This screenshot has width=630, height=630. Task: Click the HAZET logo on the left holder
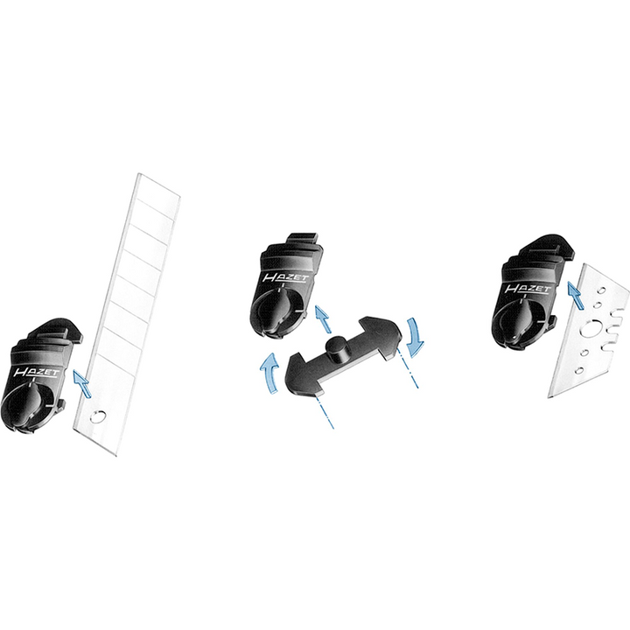pyautogui.click(x=36, y=372)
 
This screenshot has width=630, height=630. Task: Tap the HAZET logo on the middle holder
pyautogui.click(x=286, y=277)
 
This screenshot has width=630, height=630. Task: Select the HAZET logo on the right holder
pyautogui.click(x=528, y=288)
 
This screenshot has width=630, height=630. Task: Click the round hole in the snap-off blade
pyautogui.click(x=97, y=416)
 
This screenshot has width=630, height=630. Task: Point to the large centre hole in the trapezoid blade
pyautogui.click(x=589, y=331)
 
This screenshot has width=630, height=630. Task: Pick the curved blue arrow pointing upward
pyautogui.click(x=269, y=371)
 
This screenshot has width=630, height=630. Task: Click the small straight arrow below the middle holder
pyautogui.click(x=322, y=319)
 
